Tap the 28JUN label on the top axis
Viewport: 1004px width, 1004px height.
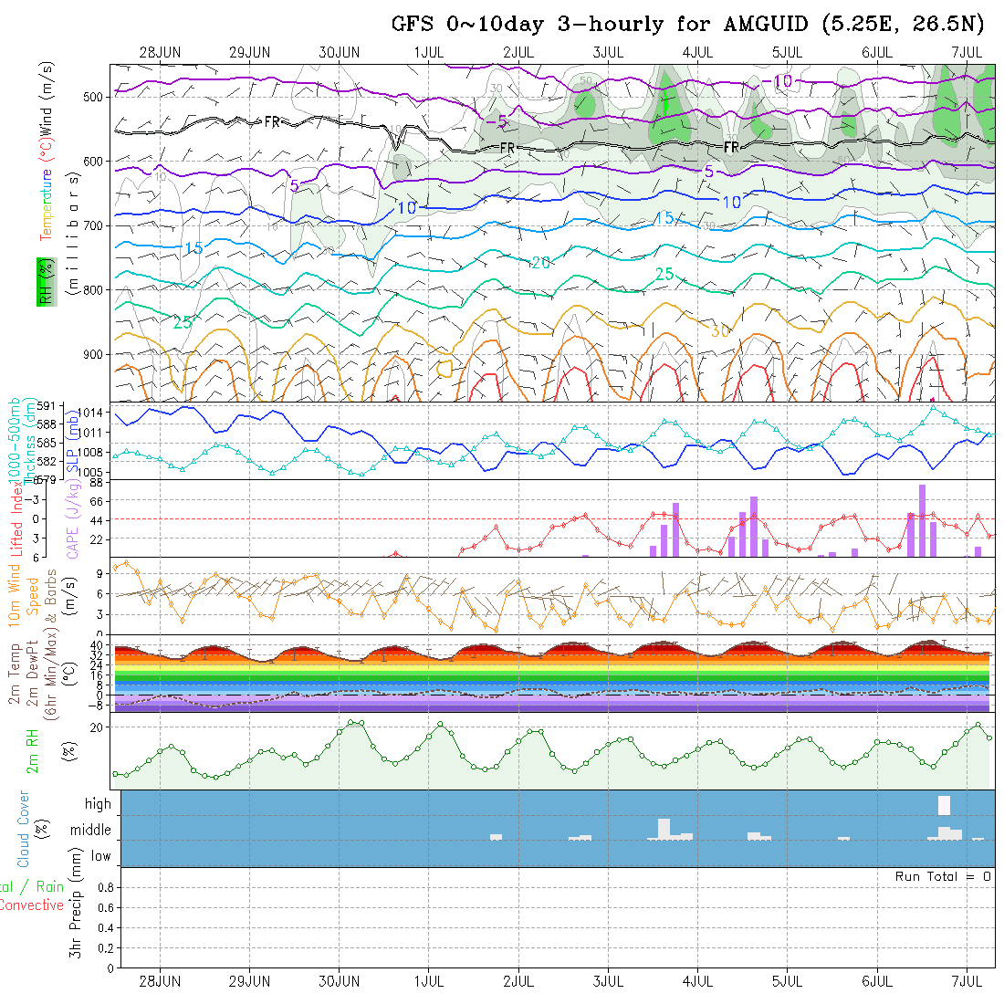[160, 52]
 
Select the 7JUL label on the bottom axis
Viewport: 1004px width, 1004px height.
[967, 981]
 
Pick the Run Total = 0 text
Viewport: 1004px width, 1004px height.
[943, 876]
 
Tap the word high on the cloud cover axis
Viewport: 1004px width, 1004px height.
[98, 804]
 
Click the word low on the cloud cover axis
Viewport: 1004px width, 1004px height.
[100, 856]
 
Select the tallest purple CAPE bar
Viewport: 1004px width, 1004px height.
[923, 520]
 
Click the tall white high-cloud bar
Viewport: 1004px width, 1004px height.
[944, 805]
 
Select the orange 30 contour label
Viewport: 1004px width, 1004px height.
[720, 330]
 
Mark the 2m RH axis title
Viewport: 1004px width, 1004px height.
[32, 752]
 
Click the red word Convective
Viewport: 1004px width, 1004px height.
[31, 905]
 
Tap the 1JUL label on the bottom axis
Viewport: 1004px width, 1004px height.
[429, 981]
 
